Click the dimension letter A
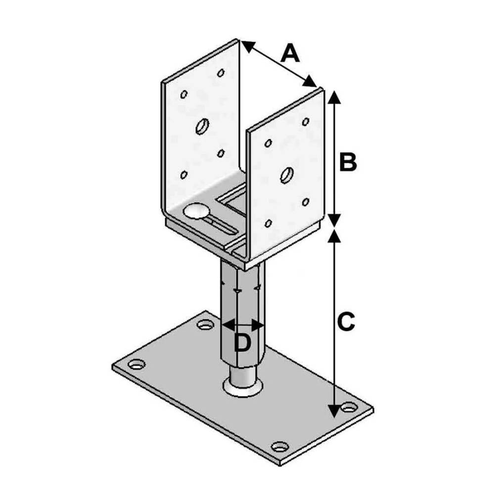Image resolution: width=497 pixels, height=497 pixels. coord(290,53)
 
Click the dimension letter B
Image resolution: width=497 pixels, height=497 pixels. coord(348,162)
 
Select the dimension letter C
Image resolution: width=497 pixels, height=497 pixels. coord(346,322)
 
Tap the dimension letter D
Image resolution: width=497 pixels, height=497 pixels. coord(242,342)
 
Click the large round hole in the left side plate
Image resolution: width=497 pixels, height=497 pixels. coord(202,127)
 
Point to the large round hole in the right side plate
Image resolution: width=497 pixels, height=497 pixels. coord(287,175)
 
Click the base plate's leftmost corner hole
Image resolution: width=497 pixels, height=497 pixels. coord(136,364)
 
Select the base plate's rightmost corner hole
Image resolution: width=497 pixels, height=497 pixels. coord(349,407)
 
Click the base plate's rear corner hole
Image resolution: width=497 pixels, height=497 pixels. coord(205,324)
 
